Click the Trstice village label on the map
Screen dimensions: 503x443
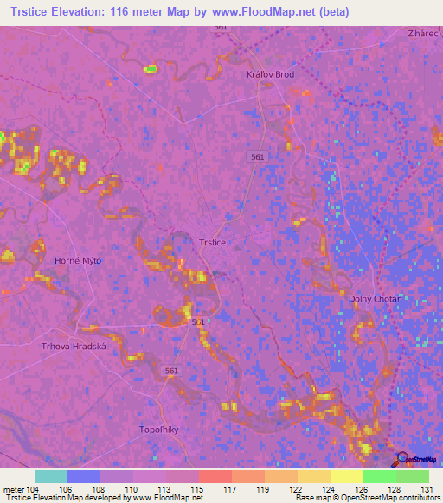click(212, 243)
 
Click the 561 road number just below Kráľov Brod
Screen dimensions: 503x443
click(257, 156)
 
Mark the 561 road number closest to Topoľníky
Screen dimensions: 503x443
click(171, 369)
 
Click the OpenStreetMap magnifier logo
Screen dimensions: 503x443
click(401, 460)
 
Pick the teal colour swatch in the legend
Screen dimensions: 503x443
click(51, 476)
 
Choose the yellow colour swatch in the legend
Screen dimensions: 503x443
click(346, 476)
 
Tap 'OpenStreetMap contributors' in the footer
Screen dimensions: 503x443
click(394, 498)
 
